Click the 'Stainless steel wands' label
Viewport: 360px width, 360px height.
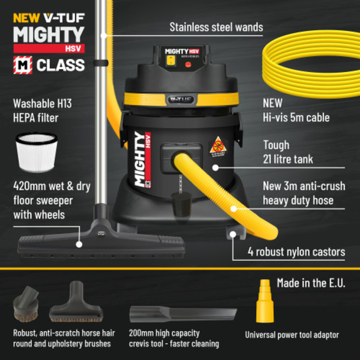[216, 27]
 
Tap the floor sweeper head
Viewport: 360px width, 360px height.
[100, 242]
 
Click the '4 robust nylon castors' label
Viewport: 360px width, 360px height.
[304, 252]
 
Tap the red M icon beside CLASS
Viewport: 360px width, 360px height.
[22, 64]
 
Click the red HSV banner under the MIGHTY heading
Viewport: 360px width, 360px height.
[50, 48]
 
